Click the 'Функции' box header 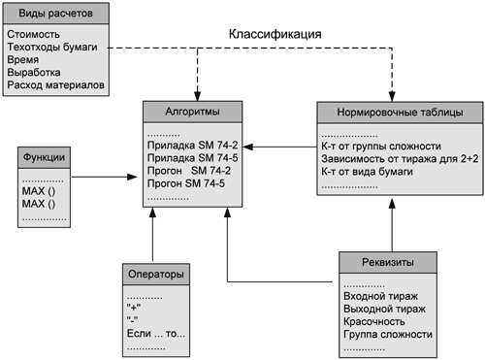pos(46,156)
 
